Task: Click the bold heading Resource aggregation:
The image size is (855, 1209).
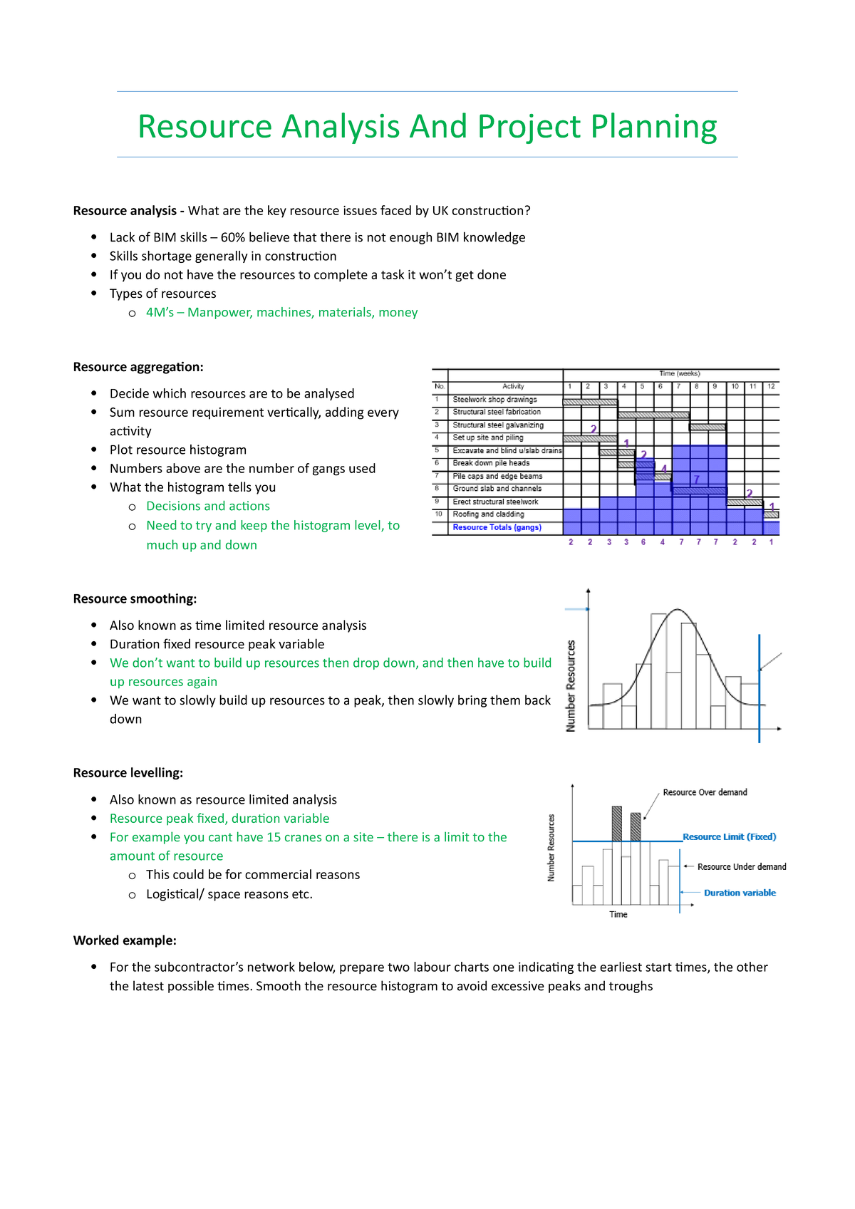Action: click(x=138, y=367)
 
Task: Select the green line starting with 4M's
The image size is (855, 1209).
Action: click(x=281, y=312)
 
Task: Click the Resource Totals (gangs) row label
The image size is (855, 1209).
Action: click(x=497, y=528)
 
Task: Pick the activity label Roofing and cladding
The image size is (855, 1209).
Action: click(x=488, y=514)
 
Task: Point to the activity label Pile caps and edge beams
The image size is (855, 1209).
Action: click(x=497, y=477)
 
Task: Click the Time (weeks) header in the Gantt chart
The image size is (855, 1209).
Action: click(x=679, y=373)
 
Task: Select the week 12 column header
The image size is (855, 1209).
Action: click(x=771, y=387)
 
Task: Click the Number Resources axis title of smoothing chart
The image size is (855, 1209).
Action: click(x=571, y=685)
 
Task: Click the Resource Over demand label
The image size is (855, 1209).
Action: click(x=705, y=792)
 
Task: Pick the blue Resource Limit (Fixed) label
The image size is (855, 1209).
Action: click(x=729, y=837)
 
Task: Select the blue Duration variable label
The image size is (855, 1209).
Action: click(x=740, y=893)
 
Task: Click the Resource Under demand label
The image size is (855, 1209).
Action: click(x=742, y=867)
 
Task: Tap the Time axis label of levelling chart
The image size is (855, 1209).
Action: click(x=618, y=915)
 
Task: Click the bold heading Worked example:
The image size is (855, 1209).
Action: click(x=125, y=940)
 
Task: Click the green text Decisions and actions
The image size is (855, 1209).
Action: click(x=208, y=506)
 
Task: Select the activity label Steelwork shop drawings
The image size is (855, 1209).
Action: click(x=494, y=400)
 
